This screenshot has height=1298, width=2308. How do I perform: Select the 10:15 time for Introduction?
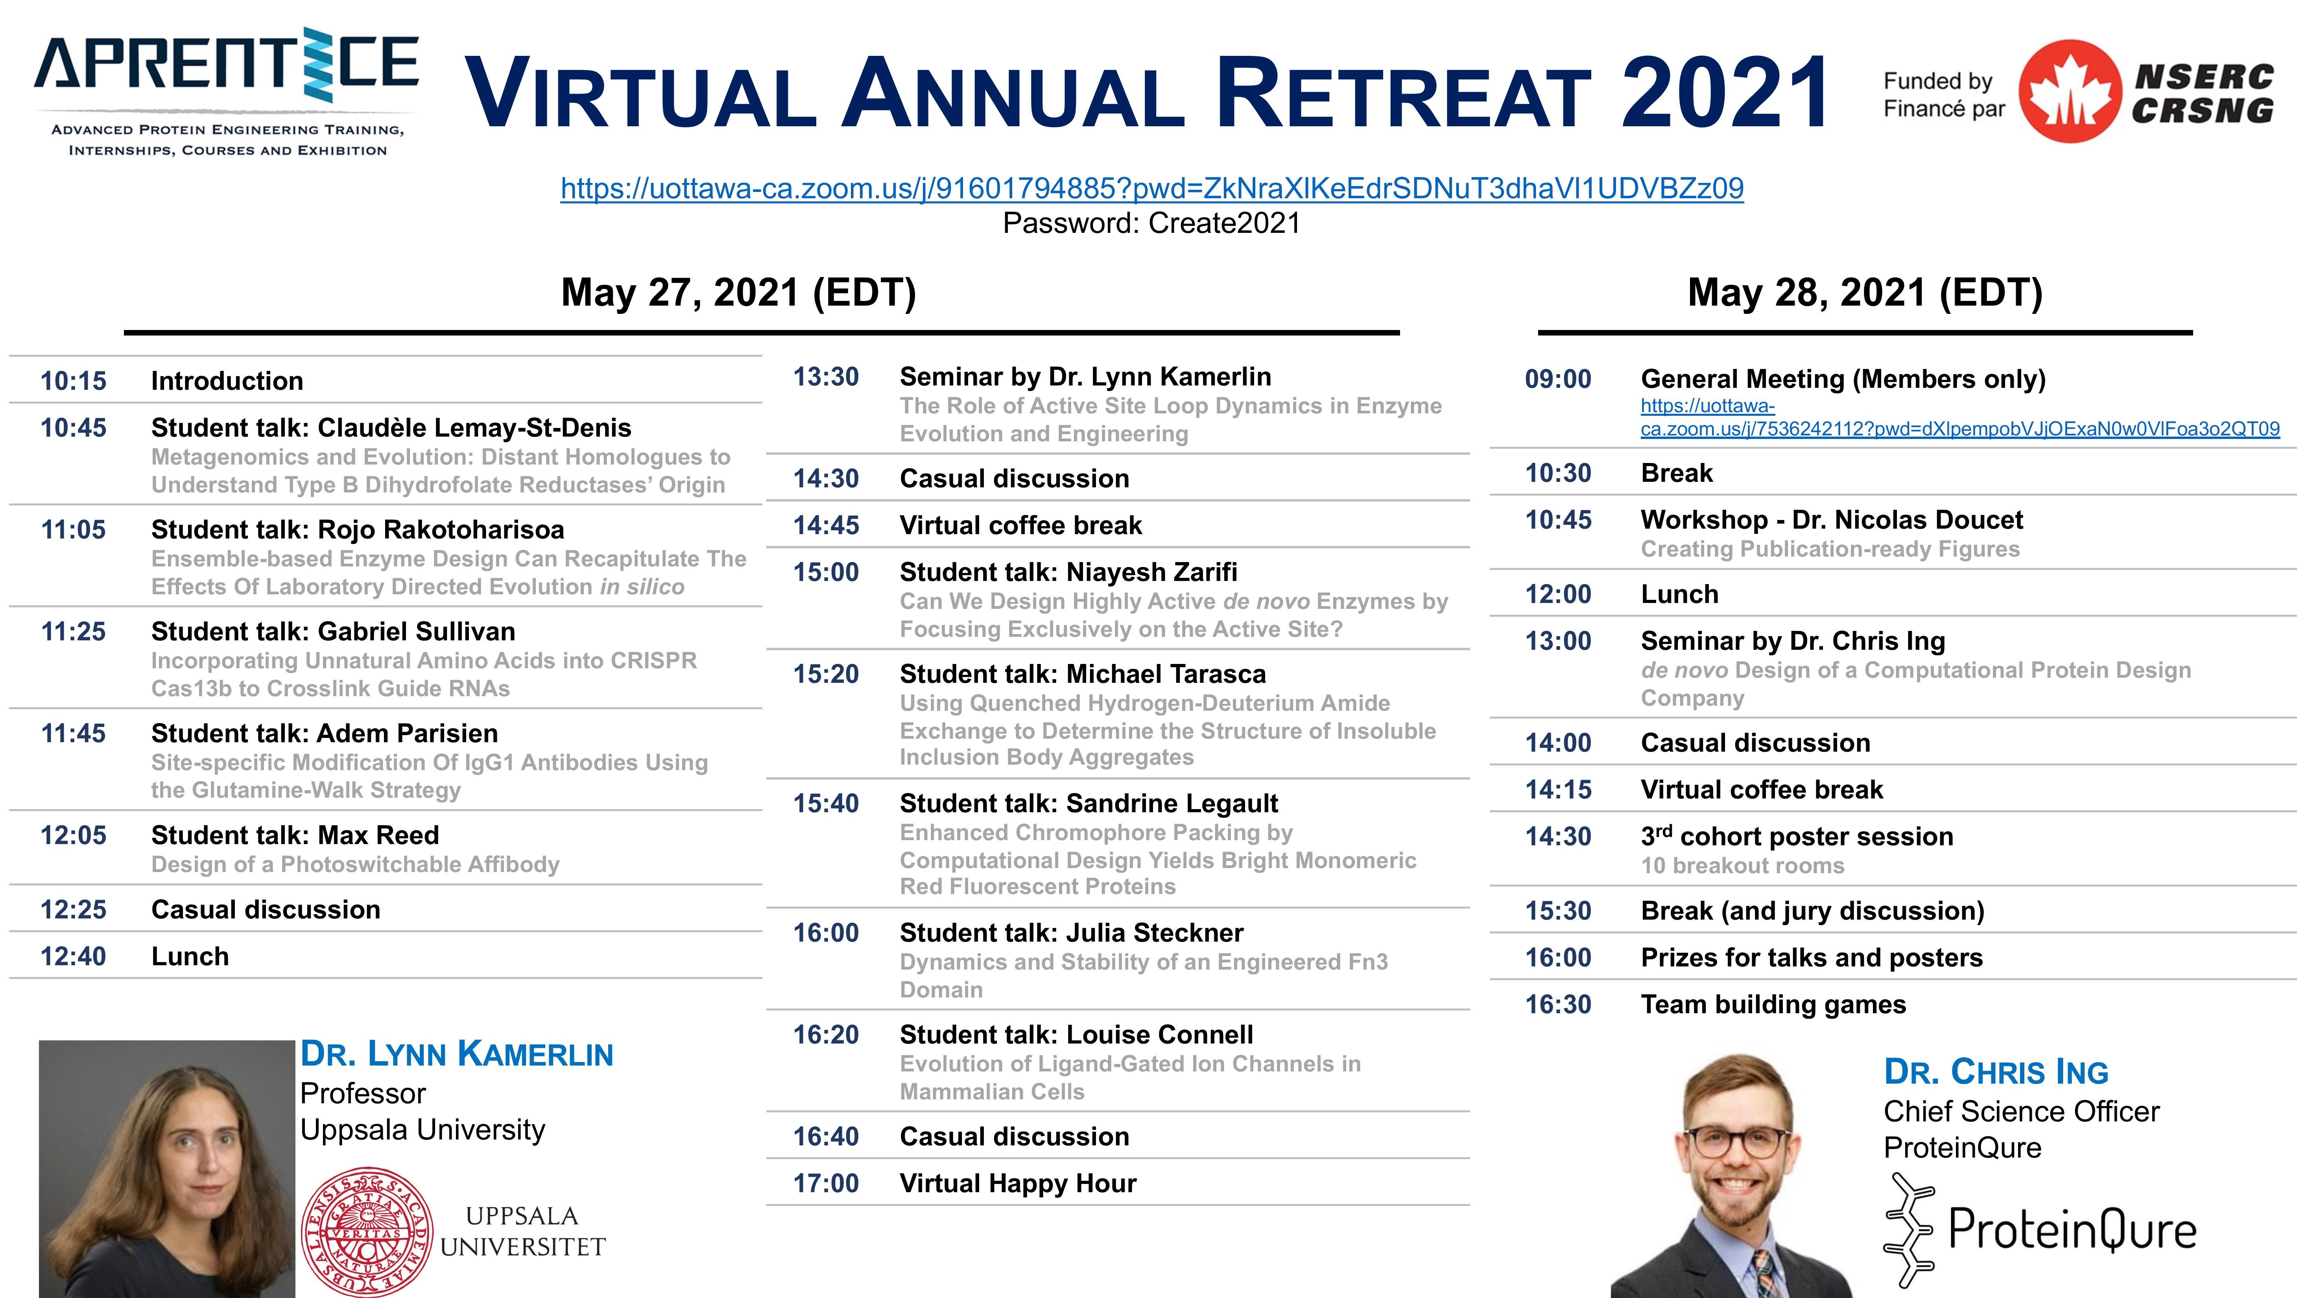click(x=74, y=381)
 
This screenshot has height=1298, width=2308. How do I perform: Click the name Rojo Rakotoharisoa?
click(x=441, y=529)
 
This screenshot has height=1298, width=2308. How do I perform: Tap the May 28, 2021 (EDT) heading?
click(x=1865, y=293)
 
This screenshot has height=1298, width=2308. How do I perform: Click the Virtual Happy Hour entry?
click(x=1018, y=1183)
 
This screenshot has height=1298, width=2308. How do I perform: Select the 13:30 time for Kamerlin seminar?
click(x=826, y=377)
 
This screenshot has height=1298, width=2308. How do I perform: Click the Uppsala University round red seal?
click(x=367, y=1232)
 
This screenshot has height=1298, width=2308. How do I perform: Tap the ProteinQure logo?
click(x=2040, y=1229)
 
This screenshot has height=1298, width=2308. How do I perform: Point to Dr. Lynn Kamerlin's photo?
click(x=167, y=1169)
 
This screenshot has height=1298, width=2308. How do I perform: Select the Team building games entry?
click(x=1773, y=1004)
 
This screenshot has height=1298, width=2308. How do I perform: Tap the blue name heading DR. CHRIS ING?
click(x=1996, y=1071)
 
